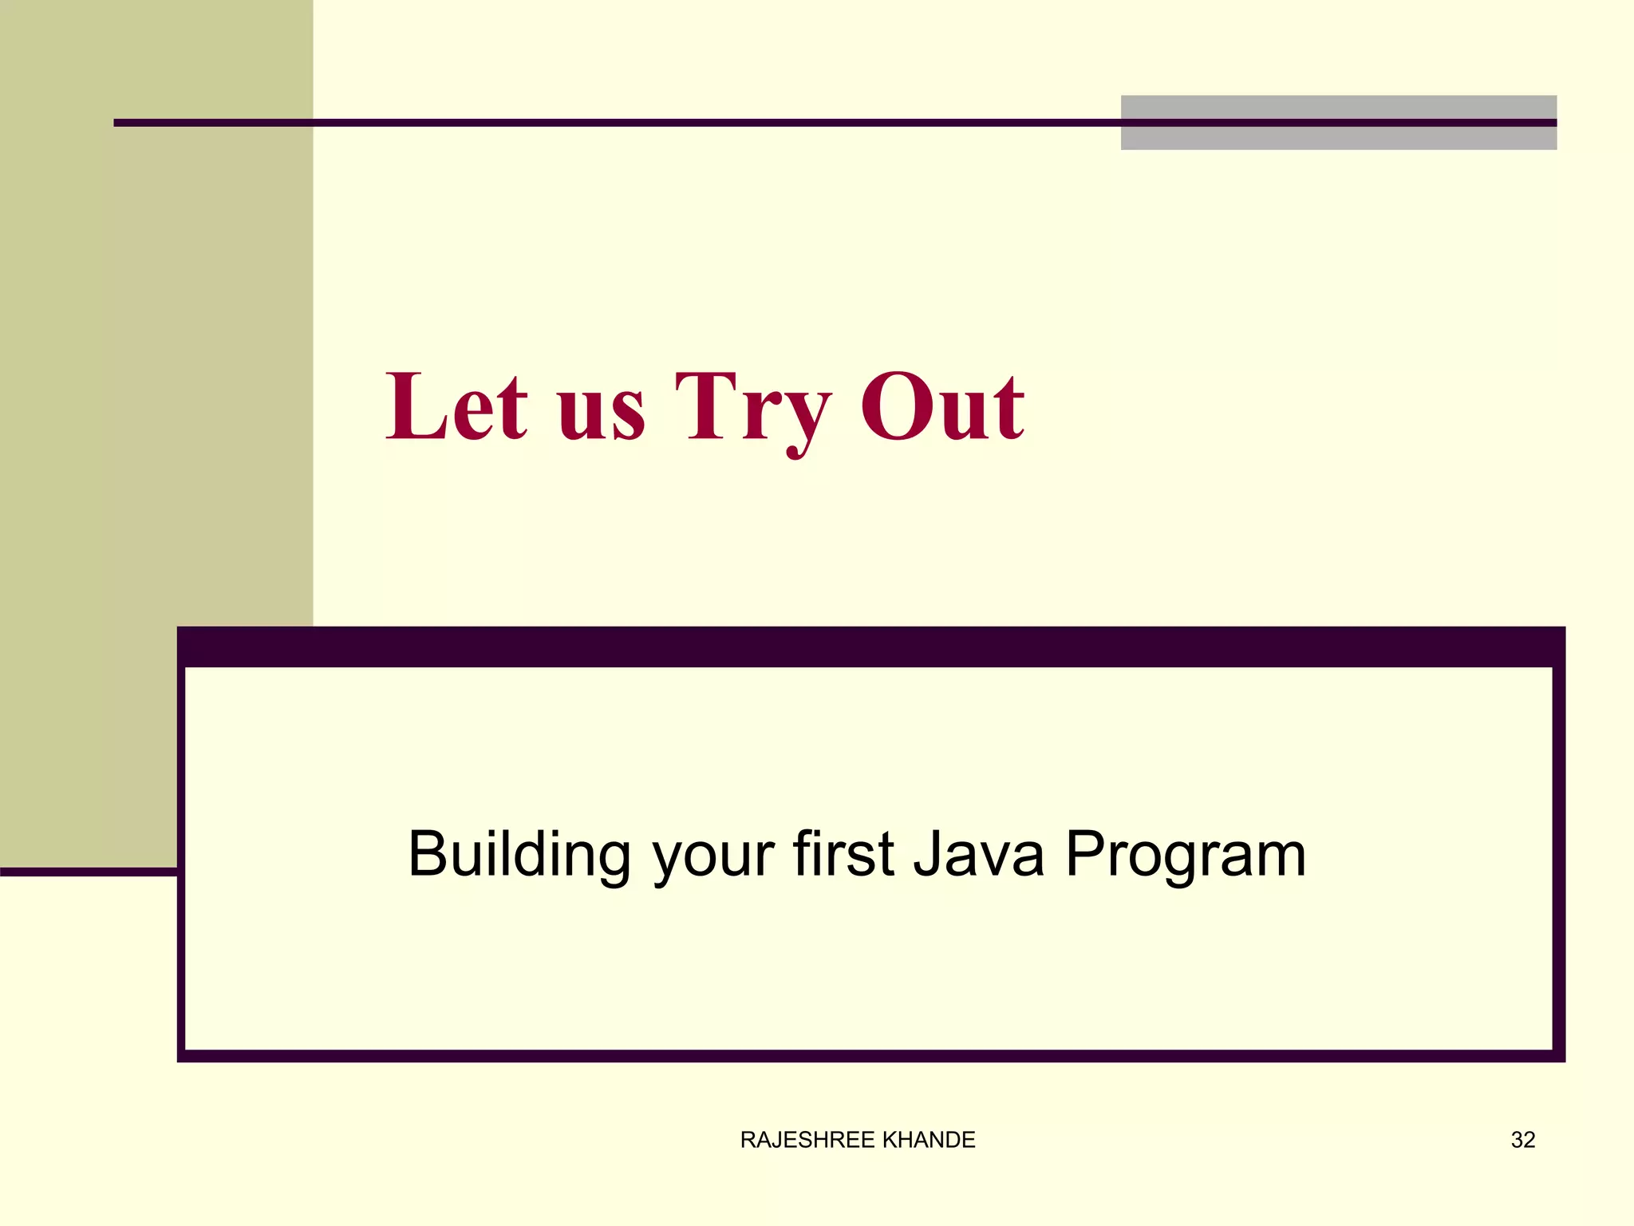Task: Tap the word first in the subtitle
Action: coord(843,854)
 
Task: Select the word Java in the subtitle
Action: coord(978,856)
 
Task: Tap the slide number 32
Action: coord(1523,1140)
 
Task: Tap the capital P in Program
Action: coord(1086,852)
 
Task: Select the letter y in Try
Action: coord(803,423)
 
